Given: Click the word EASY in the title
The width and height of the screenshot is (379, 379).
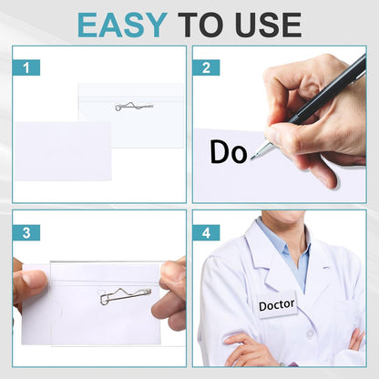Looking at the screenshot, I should pos(123,24).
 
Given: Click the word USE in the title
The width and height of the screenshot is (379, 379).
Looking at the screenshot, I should pos(263,24).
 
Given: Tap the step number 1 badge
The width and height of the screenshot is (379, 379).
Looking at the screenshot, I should pos(26,67).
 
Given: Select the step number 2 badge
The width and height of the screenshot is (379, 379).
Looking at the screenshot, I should pos(207,67).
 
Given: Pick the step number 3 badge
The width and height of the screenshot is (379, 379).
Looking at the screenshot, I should pos(26,232).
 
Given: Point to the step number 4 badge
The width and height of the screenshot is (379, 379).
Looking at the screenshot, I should pos(207,232).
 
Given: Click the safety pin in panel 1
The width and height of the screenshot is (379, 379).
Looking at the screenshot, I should pos(134,107).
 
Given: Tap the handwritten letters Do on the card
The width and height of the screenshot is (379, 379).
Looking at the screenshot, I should pos(228,152).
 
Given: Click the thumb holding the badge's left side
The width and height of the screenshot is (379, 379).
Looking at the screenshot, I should pos(29,284).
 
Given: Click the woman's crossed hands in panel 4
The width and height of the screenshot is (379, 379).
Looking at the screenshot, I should pos(251,351).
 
